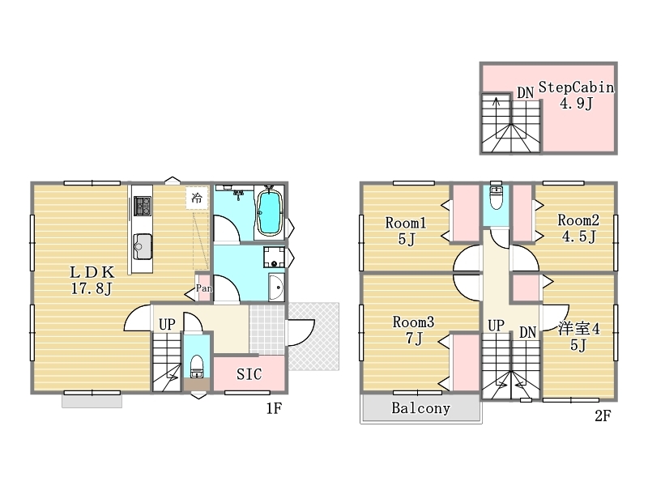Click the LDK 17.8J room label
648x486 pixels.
(92, 280)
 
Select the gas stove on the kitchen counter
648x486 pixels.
(143, 206)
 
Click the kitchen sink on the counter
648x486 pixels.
(143, 247)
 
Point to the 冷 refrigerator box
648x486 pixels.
(197, 198)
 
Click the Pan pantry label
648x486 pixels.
(204, 288)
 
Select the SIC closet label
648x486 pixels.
(249, 374)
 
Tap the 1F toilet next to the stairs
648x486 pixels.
(197, 366)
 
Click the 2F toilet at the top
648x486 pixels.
(496, 198)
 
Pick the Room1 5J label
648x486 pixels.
(406, 231)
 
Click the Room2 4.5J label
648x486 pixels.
(578, 228)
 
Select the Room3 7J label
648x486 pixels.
(413, 330)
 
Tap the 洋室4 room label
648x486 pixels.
(578, 336)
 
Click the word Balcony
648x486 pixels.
(420, 408)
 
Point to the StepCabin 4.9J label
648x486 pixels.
(576, 95)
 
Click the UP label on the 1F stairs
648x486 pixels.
(167, 325)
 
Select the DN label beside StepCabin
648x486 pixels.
(525, 93)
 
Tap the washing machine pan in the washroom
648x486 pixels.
(274, 257)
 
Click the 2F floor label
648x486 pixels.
(603, 416)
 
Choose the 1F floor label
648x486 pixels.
(274, 409)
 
